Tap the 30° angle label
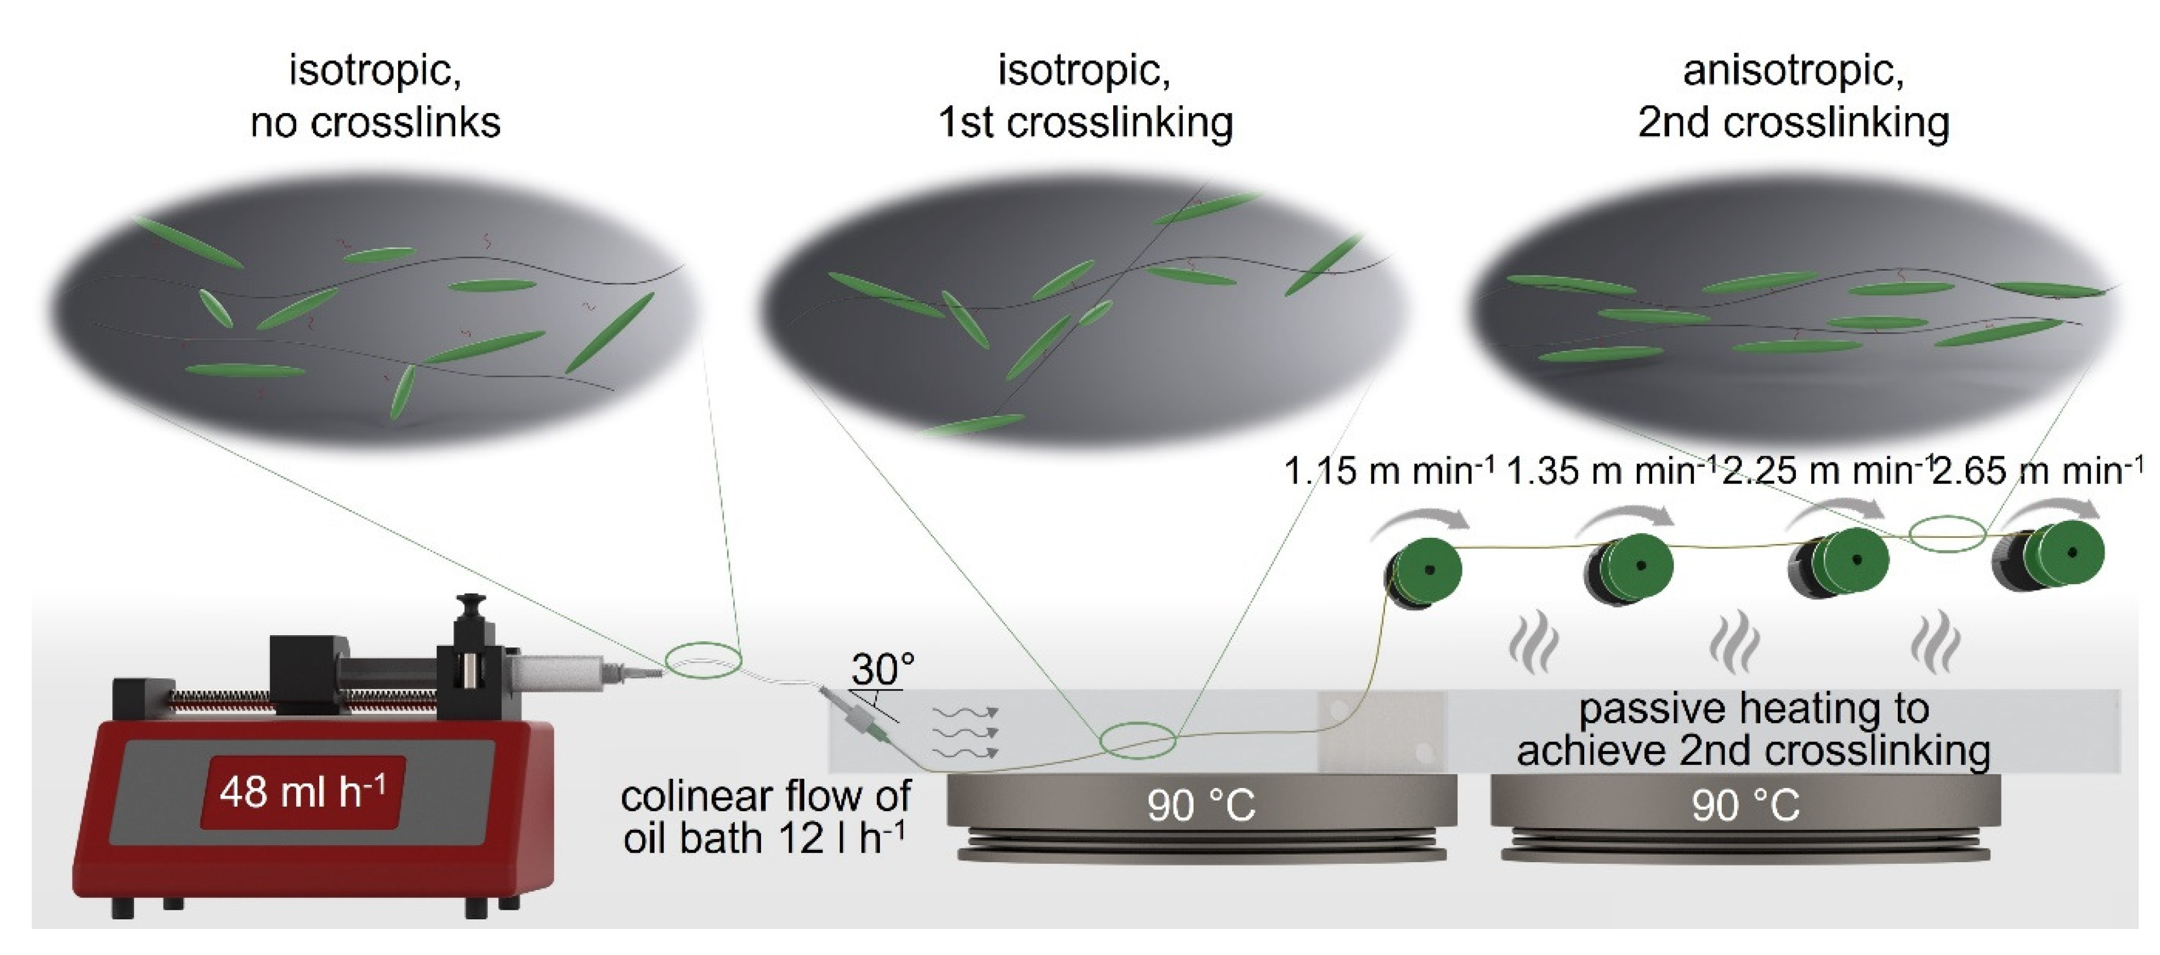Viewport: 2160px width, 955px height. (x=882, y=669)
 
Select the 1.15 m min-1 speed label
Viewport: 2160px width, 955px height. (x=1388, y=471)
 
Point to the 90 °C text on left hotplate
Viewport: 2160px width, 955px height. (x=1201, y=806)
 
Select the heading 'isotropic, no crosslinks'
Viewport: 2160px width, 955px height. (x=375, y=96)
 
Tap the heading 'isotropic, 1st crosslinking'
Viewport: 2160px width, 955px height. (x=1085, y=96)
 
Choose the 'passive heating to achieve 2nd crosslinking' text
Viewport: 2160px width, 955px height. (x=1752, y=730)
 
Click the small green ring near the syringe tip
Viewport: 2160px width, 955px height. (x=704, y=661)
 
